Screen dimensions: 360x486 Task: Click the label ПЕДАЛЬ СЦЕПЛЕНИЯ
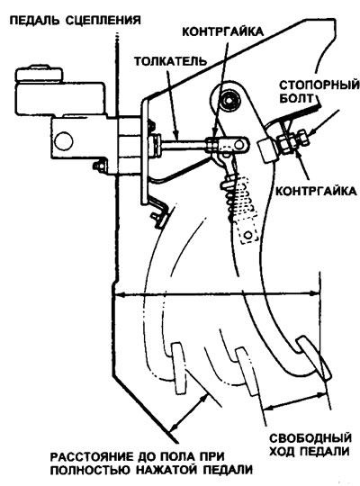pos(76,20)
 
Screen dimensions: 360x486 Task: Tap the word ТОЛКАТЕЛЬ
pos(170,61)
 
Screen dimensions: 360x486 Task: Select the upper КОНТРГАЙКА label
pos(222,31)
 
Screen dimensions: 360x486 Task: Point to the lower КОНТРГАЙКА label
pos(316,191)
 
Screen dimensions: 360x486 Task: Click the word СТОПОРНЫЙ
pos(319,85)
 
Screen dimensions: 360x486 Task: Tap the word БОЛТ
pos(297,98)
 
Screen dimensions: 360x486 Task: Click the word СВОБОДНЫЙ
pos(310,438)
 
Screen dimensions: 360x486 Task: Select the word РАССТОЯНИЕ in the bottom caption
pos(91,457)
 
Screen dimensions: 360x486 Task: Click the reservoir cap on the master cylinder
pos(39,73)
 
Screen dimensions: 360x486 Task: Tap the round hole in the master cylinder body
pos(64,141)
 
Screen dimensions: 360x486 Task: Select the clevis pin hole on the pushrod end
pos(239,144)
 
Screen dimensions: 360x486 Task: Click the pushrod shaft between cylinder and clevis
pos(183,144)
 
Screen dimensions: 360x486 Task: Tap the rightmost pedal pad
pos(314,358)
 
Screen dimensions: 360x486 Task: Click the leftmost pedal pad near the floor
pos(179,367)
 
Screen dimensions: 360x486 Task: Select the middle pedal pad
pos(247,372)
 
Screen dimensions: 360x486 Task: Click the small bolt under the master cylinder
pos(100,166)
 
